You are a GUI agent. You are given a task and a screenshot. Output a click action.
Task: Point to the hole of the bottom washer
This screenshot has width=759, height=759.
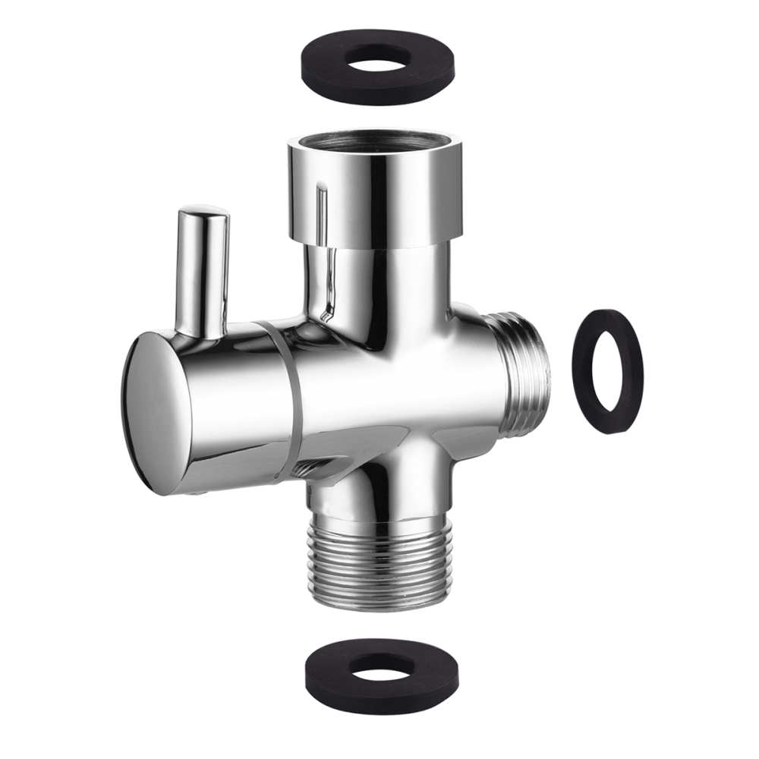(383, 665)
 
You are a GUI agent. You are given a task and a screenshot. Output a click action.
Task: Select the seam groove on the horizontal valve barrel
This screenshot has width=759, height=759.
(285, 395)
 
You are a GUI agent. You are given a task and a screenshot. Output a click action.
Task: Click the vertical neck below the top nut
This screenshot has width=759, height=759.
(379, 285)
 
